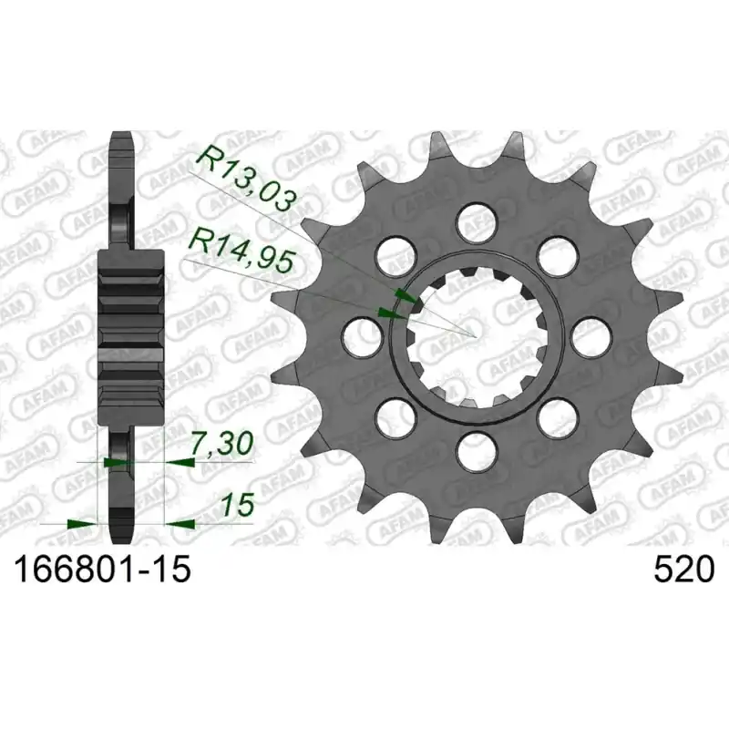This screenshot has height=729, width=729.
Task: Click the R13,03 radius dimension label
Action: [246, 180]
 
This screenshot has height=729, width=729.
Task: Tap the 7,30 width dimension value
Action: [222, 444]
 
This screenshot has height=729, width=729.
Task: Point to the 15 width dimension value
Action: [238, 505]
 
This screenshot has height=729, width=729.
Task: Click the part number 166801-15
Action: [103, 570]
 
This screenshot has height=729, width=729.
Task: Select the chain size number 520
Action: [683, 570]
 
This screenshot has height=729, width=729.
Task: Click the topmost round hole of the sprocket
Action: [476, 222]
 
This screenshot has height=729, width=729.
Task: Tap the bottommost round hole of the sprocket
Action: [476, 450]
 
